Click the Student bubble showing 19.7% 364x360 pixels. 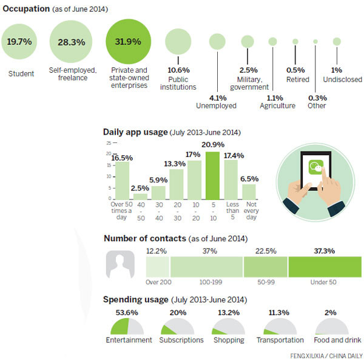click(19, 42)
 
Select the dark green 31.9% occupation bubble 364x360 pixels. click(127, 42)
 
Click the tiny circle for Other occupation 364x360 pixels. click(315, 41)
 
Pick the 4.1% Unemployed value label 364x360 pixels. click(217, 96)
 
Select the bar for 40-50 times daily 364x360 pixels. click(140, 196)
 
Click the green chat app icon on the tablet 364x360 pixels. click(315, 167)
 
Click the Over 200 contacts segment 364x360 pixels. click(157, 267)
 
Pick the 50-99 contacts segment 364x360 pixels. click(265, 267)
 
